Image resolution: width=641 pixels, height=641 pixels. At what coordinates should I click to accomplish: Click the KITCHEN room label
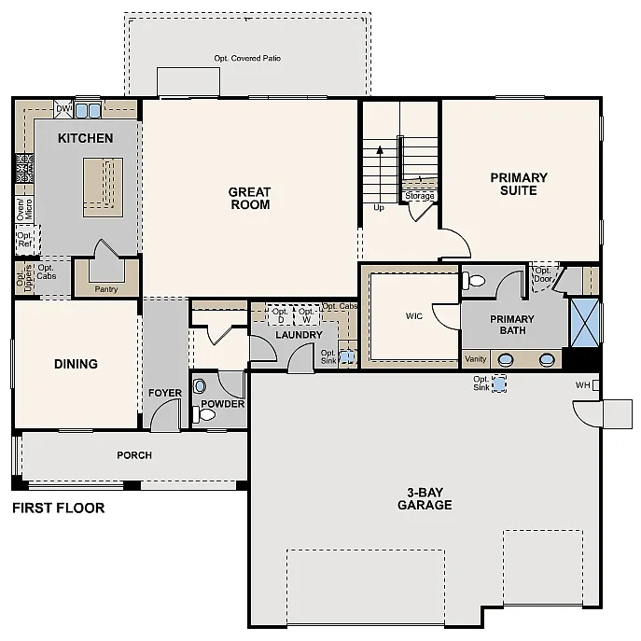point(85,138)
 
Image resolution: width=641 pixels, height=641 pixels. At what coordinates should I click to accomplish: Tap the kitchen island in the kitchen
point(103,180)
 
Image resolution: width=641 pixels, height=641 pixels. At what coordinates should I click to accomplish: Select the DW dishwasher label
point(63,110)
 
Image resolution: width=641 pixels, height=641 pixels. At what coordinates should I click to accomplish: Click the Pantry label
point(106,289)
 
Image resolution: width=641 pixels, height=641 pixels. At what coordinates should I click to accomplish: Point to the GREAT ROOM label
point(249,198)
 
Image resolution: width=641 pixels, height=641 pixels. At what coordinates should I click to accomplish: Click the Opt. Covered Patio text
point(247,58)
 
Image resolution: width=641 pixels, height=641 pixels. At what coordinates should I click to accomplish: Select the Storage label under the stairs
point(420,196)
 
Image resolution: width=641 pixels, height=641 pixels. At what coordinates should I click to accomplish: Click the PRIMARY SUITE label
point(519,184)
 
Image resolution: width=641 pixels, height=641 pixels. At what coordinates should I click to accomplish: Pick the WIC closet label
point(413,316)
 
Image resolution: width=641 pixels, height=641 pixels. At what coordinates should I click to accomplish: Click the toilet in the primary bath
point(476,279)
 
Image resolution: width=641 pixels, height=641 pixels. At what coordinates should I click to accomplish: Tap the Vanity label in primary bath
point(476,358)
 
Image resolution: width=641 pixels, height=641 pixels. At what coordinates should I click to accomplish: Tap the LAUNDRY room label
point(299,335)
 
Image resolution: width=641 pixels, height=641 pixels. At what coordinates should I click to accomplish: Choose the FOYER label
point(165,393)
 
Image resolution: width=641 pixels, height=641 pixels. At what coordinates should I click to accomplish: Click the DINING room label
point(76,364)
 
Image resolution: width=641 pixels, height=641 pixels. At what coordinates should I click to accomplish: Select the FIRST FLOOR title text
point(58,509)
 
